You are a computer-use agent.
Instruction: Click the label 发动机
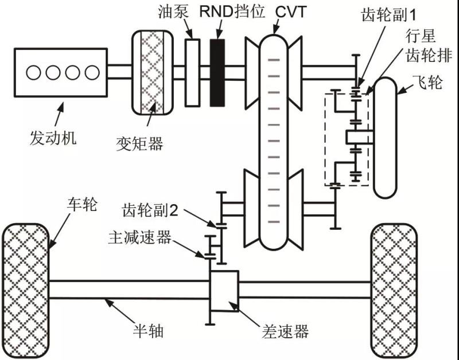[x=52, y=138]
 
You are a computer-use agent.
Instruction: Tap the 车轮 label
[x=83, y=205]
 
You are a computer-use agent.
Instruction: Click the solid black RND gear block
[x=217, y=72]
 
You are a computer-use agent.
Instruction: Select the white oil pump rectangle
[x=192, y=72]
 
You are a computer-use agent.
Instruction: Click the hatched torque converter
[x=153, y=72]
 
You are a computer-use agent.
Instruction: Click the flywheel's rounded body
[x=388, y=138]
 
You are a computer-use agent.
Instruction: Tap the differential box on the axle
[x=224, y=289]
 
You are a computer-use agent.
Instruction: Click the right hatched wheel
[x=396, y=289]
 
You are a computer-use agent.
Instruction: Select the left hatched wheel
[x=26, y=289]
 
